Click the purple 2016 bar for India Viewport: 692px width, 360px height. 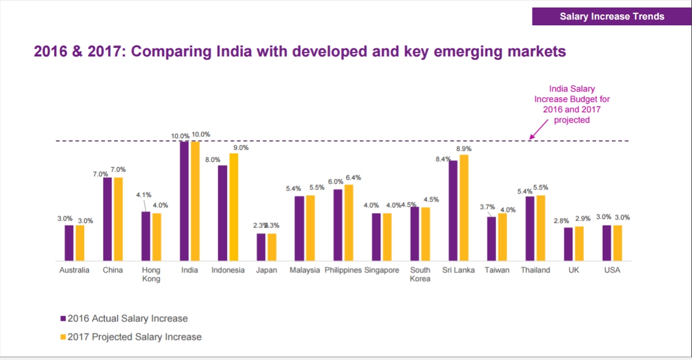[x=184, y=201]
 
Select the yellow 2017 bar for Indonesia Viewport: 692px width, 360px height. [x=233, y=207]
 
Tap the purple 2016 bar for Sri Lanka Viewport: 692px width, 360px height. [x=453, y=211]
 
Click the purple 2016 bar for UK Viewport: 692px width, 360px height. [x=568, y=244]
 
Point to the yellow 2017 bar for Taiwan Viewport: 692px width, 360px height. [x=502, y=237]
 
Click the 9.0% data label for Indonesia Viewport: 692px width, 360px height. [x=240, y=147]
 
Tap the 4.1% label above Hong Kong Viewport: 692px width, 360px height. [x=143, y=195]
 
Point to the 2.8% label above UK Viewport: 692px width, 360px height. [x=561, y=221]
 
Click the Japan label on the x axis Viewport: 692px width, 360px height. [x=266, y=270]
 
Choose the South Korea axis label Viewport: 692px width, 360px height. [x=420, y=274]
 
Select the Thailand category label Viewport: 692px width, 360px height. [x=535, y=270]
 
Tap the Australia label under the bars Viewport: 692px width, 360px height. [x=74, y=270]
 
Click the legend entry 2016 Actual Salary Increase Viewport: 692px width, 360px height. [x=127, y=319]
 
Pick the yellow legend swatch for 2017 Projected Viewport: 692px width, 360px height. [x=63, y=337]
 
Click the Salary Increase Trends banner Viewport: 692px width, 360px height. [x=612, y=16]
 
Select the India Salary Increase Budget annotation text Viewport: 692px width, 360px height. [x=572, y=104]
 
